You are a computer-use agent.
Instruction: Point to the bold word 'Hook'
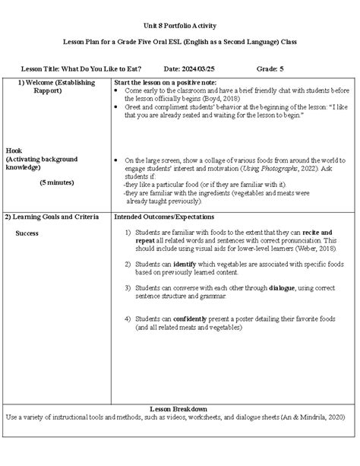click(x=14, y=150)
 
